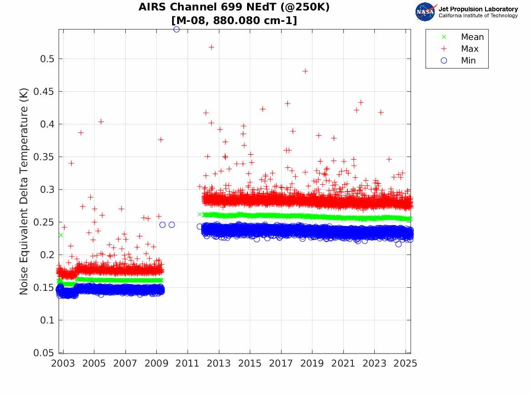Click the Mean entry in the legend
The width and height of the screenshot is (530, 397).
tap(472, 37)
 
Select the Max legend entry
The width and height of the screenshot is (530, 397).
tap(469, 49)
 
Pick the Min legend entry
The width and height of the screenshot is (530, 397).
tap(468, 61)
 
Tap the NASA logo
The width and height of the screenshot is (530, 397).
tap(426, 12)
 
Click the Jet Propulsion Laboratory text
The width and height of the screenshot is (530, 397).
tap(478, 9)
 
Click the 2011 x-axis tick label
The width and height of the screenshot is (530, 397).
tap(188, 364)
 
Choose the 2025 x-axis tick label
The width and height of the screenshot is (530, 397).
tap(405, 364)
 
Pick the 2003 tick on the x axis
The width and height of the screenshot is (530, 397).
tap(63, 364)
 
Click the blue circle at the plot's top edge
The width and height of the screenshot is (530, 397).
tap(177, 29)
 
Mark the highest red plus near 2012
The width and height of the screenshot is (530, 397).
tap(211, 47)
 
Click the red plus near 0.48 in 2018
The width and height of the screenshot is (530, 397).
tap(305, 71)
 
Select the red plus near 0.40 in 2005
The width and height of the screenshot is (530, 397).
tap(101, 122)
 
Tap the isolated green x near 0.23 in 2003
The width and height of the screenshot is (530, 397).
tap(61, 235)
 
